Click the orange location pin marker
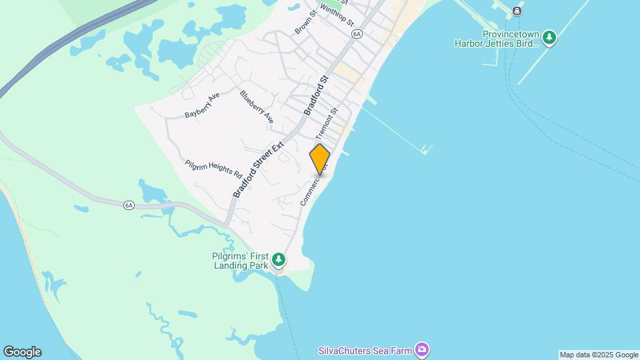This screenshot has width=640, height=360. (320, 159)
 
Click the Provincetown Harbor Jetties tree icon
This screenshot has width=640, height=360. (549, 37)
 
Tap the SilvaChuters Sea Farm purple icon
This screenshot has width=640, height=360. (421, 349)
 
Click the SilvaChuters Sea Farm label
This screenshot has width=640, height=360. (364, 350)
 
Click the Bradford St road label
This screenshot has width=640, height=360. (317, 95)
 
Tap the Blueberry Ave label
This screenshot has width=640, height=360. (257, 107)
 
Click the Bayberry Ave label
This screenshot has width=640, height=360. (202, 106)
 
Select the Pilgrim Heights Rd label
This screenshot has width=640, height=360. (213, 169)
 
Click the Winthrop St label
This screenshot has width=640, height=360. (336, 15)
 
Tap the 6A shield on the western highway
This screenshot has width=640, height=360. (129, 205)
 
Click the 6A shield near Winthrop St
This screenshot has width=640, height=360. (357, 33)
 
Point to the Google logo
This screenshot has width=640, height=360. (22, 352)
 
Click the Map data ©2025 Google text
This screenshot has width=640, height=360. (599, 355)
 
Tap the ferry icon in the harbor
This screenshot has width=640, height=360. (517, 11)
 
